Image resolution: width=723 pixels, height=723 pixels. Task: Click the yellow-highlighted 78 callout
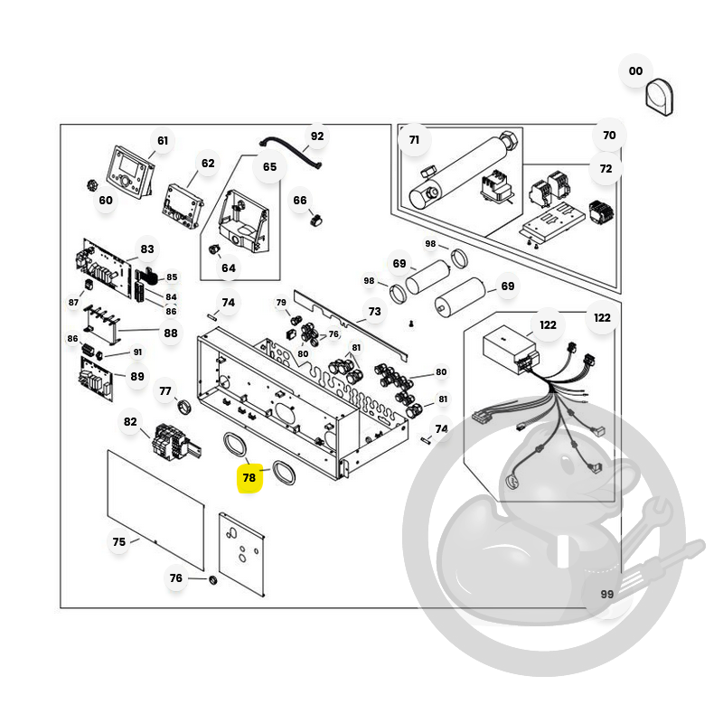[249, 478]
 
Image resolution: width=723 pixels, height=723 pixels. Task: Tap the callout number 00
[635, 71]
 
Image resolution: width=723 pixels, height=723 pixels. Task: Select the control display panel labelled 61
[131, 172]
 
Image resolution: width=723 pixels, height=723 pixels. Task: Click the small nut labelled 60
[93, 185]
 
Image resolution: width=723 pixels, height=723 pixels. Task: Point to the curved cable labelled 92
[291, 152]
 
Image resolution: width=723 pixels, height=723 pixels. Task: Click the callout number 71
[414, 140]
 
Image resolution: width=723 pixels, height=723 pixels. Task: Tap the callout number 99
[606, 595]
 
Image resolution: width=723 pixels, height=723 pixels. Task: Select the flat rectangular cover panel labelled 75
[155, 510]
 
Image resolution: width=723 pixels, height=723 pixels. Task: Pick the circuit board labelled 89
[96, 379]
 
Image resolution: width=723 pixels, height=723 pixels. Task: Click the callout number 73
[374, 312]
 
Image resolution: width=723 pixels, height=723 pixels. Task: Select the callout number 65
[269, 167]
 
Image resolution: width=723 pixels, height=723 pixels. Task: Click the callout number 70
[609, 135]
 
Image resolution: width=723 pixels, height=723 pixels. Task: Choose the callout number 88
[171, 333]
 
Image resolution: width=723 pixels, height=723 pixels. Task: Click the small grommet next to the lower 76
[212, 580]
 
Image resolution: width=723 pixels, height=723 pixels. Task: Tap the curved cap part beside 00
[660, 98]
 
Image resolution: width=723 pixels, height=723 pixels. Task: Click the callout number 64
[229, 268]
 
